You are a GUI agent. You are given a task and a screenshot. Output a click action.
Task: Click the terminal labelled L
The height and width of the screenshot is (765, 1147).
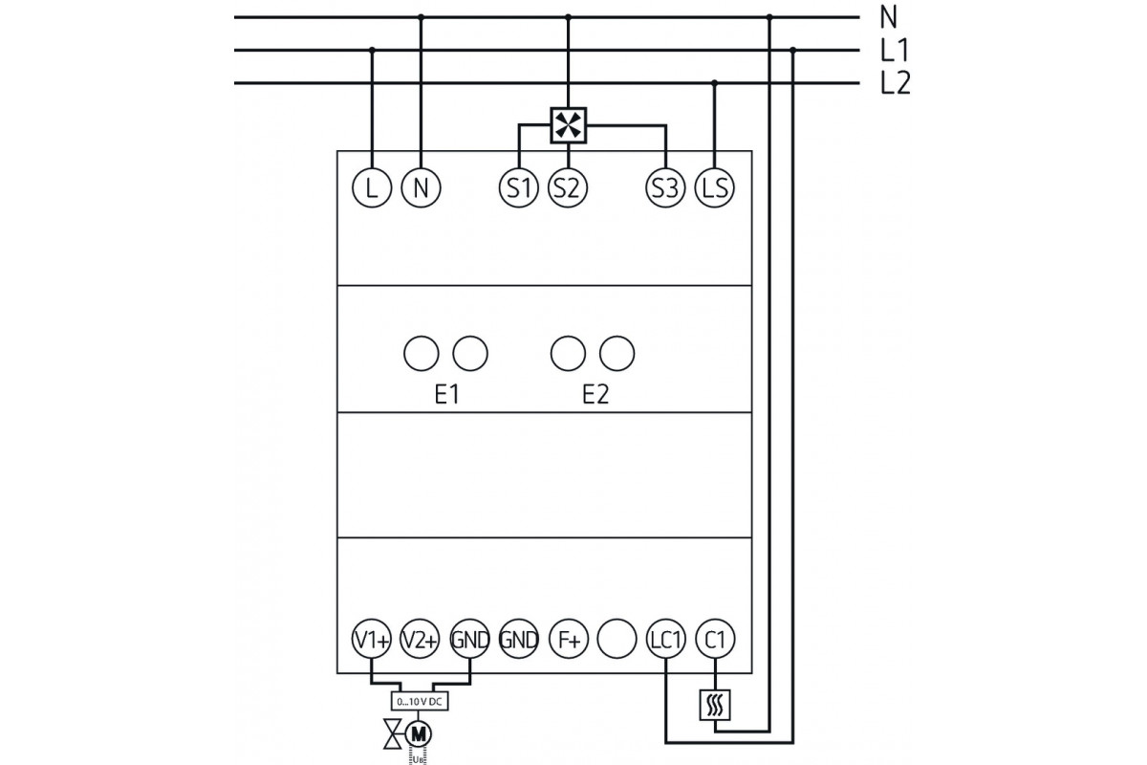pos(372,187)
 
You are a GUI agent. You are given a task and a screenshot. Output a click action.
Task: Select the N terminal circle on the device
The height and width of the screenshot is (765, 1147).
pos(420,187)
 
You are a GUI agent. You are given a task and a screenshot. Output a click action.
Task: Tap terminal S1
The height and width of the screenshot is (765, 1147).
pos(518,187)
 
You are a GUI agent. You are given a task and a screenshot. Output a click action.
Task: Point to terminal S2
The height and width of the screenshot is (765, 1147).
pos(568,187)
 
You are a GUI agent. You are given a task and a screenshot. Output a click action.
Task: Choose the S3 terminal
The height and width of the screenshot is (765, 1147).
pos(665,187)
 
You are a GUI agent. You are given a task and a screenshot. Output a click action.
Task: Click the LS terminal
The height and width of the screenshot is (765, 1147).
pos(714,187)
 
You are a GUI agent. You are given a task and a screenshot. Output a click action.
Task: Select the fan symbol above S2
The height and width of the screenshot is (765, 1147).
pos(569,125)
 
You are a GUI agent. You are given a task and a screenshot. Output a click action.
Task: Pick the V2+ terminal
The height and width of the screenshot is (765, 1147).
pos(420,640)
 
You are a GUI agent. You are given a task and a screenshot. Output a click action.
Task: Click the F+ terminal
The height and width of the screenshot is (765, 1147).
pos(568,640)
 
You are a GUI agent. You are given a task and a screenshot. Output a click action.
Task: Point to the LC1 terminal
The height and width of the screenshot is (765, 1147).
pos(665,640)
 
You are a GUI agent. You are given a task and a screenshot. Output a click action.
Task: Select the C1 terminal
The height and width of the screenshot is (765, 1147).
pos(714,640)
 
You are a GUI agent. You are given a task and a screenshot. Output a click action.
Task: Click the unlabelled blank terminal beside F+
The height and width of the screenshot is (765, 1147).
pos(617,640)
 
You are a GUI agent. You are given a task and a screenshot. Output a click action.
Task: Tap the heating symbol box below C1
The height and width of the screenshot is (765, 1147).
pos(714,706)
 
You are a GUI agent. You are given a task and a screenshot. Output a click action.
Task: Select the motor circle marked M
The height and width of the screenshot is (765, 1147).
pos(419,733)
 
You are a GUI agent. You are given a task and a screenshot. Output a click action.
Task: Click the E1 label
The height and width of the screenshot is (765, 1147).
pos(446,395)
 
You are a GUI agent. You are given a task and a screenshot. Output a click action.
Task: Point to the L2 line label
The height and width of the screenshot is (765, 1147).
pos(896,84)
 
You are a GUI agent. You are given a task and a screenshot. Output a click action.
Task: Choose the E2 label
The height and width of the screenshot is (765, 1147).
pos(595,395)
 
